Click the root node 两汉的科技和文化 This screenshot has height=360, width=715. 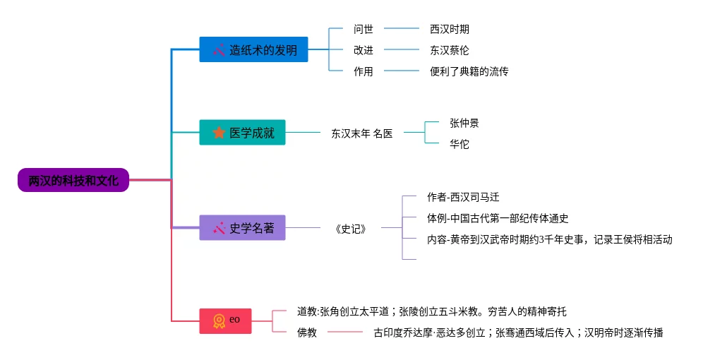(x=73, y=180)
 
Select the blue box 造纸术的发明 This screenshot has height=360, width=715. (x=253, y=49)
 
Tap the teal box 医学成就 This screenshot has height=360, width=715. (x=242, y=132)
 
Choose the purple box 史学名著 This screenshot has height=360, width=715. (x=242, y=227)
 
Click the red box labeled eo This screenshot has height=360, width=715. (x=225, y=320)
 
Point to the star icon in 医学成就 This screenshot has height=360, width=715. (x=219, y=132)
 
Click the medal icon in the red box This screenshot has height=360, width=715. (x=219, y=320)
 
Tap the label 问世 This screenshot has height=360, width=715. (x=363, y=29)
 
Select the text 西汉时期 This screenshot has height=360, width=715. (x=450, y=29)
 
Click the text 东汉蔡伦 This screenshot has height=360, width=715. (x=450, y=50)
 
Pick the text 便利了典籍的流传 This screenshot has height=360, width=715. (x=469, y=71)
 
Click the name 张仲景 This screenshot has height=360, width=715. (x=464, y=123)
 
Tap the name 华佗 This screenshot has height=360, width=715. (x=459, y=144)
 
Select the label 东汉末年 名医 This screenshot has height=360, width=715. (x=361, y=133)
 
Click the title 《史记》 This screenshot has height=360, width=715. (x=351, y=228)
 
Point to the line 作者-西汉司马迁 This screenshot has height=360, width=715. (x=463, y=197)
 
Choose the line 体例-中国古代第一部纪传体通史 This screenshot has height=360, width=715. (x=498, y=218)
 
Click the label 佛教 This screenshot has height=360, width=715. (x=307, y=332)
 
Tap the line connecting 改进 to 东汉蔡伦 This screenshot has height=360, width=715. (x=402, y=50)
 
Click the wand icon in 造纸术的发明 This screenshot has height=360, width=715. (x=219, y=50)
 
